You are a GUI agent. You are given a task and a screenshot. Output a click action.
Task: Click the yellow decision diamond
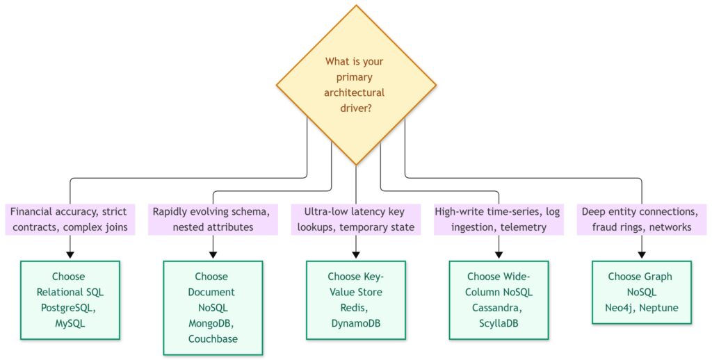[356, 85]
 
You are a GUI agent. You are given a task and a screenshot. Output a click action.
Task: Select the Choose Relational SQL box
[70, 300]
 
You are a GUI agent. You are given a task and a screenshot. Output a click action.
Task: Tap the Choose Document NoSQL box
[213, 308]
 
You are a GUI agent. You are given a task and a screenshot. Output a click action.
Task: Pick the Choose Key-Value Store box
[356, 300]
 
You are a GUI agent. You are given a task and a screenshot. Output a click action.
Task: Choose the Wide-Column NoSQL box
[499, 300]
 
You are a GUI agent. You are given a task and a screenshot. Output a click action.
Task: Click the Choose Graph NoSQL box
[642, 293]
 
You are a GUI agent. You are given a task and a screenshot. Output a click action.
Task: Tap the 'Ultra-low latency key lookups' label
[356, 220]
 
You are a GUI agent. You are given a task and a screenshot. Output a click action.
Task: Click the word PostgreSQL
[68, 308]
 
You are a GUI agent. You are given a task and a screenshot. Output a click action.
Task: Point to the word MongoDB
[211, 323]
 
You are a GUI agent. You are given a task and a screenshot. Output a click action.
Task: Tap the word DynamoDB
[355, 323]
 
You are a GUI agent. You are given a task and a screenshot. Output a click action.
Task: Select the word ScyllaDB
[499, 323]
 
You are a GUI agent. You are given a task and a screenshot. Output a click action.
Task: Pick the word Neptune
[659, 308]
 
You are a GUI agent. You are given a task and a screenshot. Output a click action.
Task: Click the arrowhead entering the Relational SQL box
[70, 254]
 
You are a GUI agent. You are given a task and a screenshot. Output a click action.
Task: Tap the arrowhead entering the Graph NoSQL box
[642, 254]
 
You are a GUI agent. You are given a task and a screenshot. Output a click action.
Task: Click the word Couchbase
[213, 339]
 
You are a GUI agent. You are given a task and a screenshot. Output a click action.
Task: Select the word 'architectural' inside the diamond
[354, 92]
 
